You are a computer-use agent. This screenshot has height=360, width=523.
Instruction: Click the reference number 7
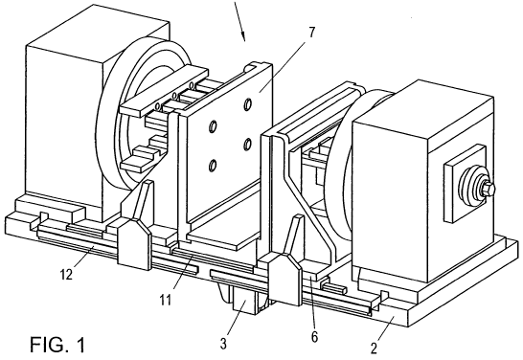coord(311,33)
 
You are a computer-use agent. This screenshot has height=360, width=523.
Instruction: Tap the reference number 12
coord(66,275)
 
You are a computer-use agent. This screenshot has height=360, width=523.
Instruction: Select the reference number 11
coord(165,300)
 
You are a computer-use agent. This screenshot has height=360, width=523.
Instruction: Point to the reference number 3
coord(223,344)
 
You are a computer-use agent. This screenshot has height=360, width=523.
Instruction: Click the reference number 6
coord(314,337)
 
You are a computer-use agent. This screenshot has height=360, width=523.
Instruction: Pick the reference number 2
coord(374,348)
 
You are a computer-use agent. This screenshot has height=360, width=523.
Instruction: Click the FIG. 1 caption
coord(57,345)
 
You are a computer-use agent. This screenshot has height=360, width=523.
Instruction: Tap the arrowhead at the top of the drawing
coord(243,36)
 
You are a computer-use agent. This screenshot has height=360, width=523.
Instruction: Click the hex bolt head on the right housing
coord(488,189)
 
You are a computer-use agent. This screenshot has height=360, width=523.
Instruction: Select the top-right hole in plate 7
coord(248,104)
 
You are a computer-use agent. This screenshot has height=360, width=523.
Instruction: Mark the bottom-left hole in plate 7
coord(212,166)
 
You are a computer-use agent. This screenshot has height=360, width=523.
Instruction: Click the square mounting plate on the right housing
coord(465,183)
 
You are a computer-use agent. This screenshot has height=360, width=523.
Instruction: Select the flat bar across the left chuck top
coord(164,91)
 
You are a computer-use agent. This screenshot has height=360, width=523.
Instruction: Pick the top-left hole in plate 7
coord(213,126)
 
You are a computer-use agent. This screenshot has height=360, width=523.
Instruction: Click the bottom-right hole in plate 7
coord(247,144)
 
